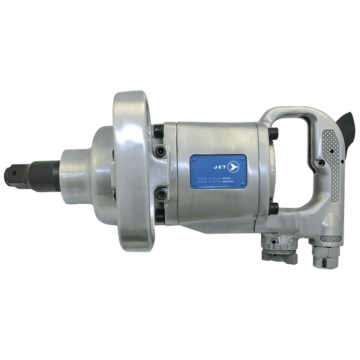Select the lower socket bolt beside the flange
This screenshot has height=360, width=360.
tap(159, 194)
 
